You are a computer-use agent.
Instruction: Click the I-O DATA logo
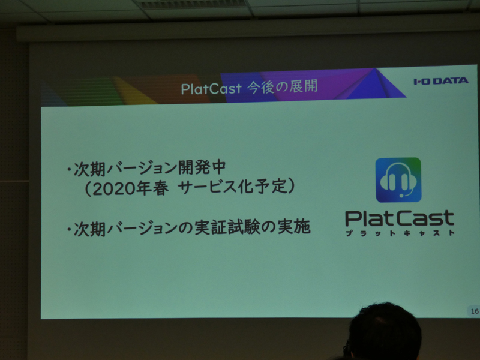pos(441,81)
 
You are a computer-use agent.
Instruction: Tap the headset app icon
pos(398,180)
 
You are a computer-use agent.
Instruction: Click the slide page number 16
pos(475,311)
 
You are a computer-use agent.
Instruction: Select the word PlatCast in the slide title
pos(211,89)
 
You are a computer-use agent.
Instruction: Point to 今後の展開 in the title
pos(282,86)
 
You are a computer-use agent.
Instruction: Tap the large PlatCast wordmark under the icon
pos(400,218)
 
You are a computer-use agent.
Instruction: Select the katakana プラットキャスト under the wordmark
pos(400,233)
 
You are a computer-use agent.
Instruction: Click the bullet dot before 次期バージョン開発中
pos(70,169)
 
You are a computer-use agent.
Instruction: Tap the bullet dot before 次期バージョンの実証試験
pos(70,229)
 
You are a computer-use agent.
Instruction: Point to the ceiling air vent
pos(192,4)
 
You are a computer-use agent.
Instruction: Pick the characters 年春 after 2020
pos(152,188)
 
